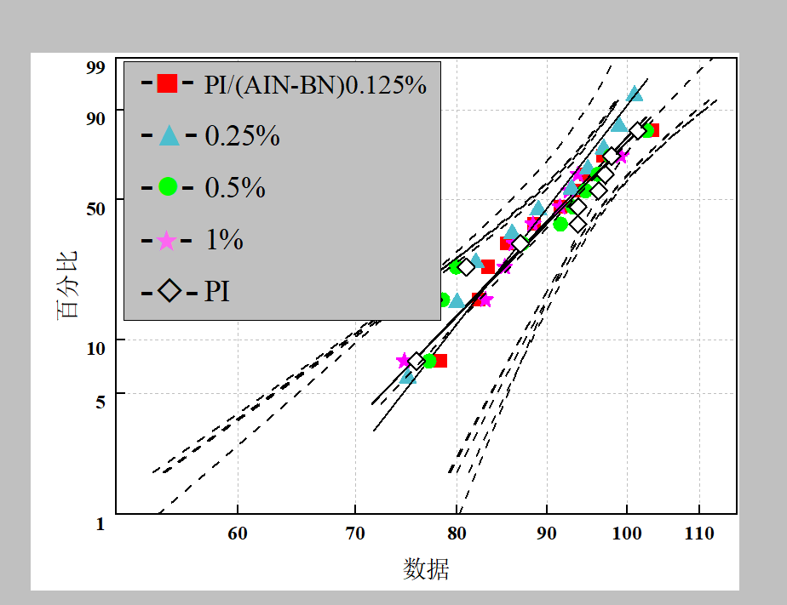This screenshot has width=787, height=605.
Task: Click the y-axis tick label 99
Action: (x=95, y=68)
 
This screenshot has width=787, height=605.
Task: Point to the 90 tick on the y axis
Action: (x=95, y=117)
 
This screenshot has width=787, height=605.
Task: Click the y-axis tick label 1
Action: (x=100, y=524)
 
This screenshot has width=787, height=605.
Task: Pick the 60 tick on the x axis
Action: (x=238, y=534)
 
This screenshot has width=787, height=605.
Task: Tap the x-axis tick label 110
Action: (x=699, y=534)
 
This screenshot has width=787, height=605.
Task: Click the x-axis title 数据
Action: (x=426, y=568)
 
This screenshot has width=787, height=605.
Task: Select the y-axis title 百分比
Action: (x=67, y=284)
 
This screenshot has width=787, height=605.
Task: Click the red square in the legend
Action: (x=167, y=83)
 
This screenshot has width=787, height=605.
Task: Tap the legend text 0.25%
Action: (x=243, y=136)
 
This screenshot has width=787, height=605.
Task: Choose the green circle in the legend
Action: (x=168, y=186)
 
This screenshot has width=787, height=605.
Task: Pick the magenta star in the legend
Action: (x=167, y=240)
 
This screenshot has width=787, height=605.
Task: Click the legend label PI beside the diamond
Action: (x=217, y=292)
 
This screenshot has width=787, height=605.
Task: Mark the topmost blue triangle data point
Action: (x=635, y=94)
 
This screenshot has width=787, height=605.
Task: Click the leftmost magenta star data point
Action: (x=405, y=360)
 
